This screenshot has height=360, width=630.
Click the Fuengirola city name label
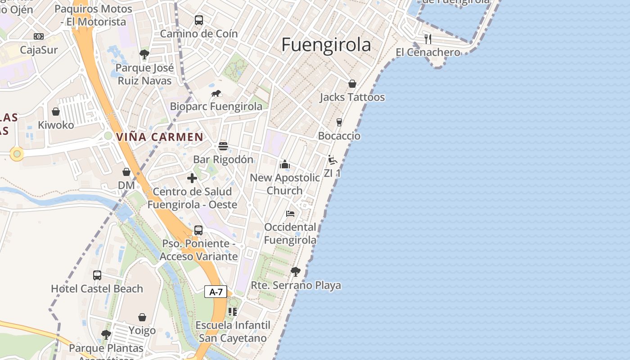click(x=326, y=45)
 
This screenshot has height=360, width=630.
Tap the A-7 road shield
click(x=216, y=292)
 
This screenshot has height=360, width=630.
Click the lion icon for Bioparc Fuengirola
click(x=216, y=94)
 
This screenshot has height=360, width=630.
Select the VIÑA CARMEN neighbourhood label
click(x=160, y=137)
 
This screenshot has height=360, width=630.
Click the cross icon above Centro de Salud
click(x=192, y=178)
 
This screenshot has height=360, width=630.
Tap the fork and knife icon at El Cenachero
click(x=428, y=39)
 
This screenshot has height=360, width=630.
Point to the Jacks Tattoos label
click(x=352, y=97)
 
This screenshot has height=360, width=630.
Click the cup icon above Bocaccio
click(x=339, y=122)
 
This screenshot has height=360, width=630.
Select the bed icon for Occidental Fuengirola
click(x=290, y=214)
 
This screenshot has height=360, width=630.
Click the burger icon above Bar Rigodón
click(x=223, y=146)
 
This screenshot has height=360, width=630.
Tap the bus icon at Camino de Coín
click(x=199, y=20)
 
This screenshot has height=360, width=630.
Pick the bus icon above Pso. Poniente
click(x=198, y=230)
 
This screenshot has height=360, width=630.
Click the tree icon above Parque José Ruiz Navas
click(x=144, y=55)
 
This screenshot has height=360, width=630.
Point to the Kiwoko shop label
click(x=56, y=125)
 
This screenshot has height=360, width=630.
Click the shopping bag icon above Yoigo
click(x=142, y=317)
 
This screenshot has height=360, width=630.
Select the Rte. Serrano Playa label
click(x=296, y=285)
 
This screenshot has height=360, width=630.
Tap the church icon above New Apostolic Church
click(x=284, y=164)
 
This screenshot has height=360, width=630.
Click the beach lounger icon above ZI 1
click(x=333, y=160)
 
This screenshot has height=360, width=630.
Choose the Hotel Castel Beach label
click(x=97, y=288)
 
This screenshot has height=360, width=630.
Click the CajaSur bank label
click(x=39, y=50)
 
